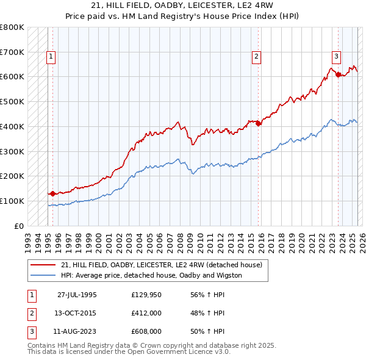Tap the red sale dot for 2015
(x=258, y=123)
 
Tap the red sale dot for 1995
(x=52, y=193)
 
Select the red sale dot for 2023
(x=338, y=74)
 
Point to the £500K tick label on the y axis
(x=12, y=101)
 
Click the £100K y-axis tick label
(x=12, y=201)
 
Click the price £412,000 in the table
(x=146, y=313)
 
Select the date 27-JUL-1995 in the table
(x=77, y=295)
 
